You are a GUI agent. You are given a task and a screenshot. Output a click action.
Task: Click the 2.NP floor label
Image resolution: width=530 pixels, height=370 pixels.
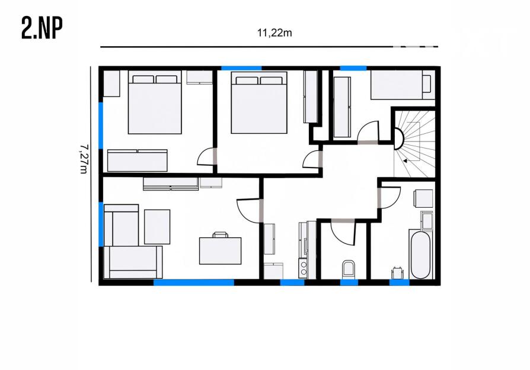(42, 28)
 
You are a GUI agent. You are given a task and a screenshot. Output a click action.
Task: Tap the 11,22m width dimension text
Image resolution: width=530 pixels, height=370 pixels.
(274, 33)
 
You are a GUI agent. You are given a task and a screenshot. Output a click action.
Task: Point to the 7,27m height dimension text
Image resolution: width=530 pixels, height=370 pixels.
(84, 159)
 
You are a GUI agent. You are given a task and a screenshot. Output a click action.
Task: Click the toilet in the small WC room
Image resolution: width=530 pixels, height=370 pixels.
(349, 269)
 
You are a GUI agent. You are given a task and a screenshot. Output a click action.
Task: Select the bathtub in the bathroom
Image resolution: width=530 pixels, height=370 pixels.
(420, 254)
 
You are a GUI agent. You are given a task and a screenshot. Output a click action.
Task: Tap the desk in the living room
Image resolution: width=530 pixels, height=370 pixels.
(221, 251)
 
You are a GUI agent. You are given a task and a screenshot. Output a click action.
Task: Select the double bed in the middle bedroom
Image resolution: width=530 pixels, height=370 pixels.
(259, 102)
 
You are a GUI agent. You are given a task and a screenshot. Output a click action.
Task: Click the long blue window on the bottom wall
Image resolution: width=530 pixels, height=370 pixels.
(194, 282)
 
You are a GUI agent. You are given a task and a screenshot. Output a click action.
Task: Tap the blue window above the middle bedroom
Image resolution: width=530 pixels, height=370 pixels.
(241, 68)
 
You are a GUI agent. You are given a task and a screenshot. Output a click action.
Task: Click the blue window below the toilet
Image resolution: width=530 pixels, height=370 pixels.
(349, 282)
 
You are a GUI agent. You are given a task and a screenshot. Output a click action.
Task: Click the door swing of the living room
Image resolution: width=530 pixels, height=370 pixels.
(249, 211)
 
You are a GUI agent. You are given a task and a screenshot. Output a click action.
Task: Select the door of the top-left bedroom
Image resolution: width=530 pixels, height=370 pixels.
(206, 156)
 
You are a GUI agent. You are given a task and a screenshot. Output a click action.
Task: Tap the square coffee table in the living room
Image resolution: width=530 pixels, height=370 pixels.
(157, 227)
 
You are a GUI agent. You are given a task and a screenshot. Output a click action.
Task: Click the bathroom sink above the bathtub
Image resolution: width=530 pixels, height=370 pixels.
(427, 221)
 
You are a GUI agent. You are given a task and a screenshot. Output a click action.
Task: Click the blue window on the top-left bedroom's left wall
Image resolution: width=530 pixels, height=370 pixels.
(101, 126)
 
